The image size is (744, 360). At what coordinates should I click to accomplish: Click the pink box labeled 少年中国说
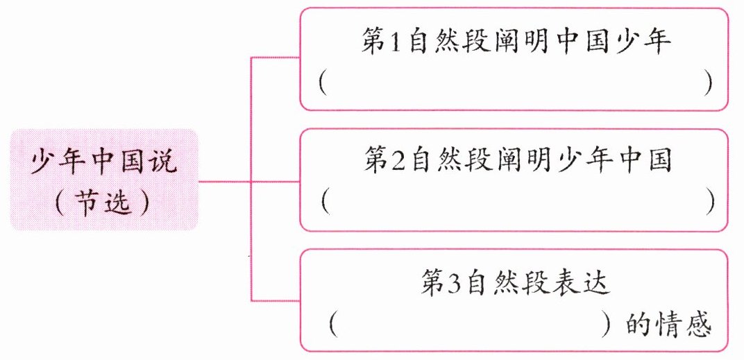click(104, 179)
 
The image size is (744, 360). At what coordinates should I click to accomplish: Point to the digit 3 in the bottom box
click(455, 284)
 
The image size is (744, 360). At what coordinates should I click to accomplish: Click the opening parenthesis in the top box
click(323, 83)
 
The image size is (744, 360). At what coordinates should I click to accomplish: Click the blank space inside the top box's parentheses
click(514, 83)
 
